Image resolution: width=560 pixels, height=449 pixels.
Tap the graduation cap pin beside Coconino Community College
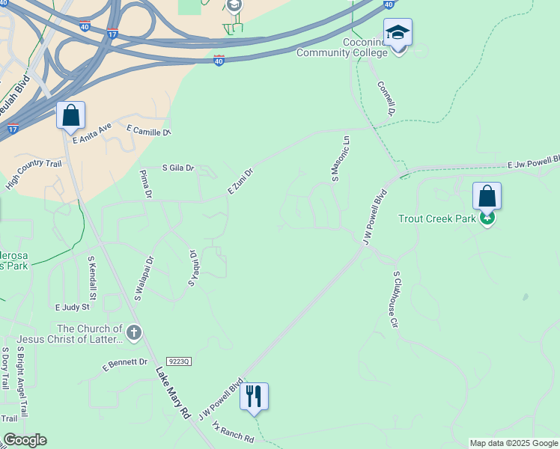pos(398,33)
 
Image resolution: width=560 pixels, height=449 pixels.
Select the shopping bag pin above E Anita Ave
pos(70,116)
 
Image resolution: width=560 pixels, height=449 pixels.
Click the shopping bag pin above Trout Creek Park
pos(487,197)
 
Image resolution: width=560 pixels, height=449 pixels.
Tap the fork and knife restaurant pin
pos(254,397)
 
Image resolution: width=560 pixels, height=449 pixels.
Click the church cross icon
pos(134,333)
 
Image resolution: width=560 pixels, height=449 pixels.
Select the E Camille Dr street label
pos(149,129)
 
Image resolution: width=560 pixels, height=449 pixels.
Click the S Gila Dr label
pos(178,168)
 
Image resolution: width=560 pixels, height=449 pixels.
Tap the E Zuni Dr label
pos(241,182)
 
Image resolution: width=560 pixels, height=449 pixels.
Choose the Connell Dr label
pos(386,99)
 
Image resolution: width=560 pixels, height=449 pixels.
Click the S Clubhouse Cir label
pos(394,300)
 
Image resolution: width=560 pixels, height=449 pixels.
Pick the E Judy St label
pos(72,307)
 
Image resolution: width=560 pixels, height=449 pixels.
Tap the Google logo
pos(25,440)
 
